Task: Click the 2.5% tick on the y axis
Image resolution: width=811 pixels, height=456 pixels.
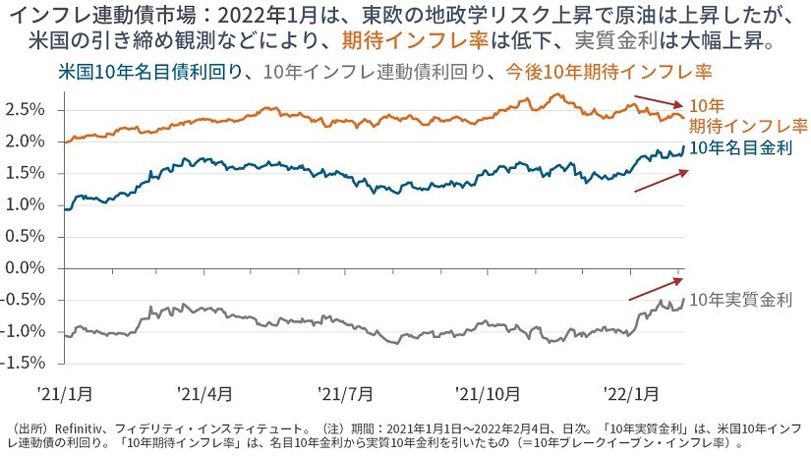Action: [x=26, y=109]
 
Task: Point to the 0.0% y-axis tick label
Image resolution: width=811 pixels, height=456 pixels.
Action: [x=26, y=267]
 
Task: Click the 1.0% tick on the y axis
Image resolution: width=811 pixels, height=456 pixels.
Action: [x=26, y=204]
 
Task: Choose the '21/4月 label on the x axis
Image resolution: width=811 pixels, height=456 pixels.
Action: [x=205, y=393]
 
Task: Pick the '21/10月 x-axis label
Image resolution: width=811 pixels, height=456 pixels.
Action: [x=488, y=393]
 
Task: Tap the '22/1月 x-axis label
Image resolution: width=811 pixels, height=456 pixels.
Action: [x=630, y=393]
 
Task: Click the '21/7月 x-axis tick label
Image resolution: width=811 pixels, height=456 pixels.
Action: [x=346, y=393]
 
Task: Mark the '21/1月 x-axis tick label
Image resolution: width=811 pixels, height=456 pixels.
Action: [x=65, y=393]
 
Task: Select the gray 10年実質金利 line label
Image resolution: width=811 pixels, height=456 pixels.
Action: [x=740, y=302]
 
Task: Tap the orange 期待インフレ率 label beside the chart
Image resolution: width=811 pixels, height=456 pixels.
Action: [x=747, y=125]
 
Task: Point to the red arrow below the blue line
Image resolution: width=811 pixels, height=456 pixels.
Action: [x=658, y=182]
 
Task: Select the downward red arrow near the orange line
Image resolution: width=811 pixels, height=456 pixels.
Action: [x=658, y=100]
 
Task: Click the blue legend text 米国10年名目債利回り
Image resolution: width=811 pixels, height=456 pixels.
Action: [x=143, y=72]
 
